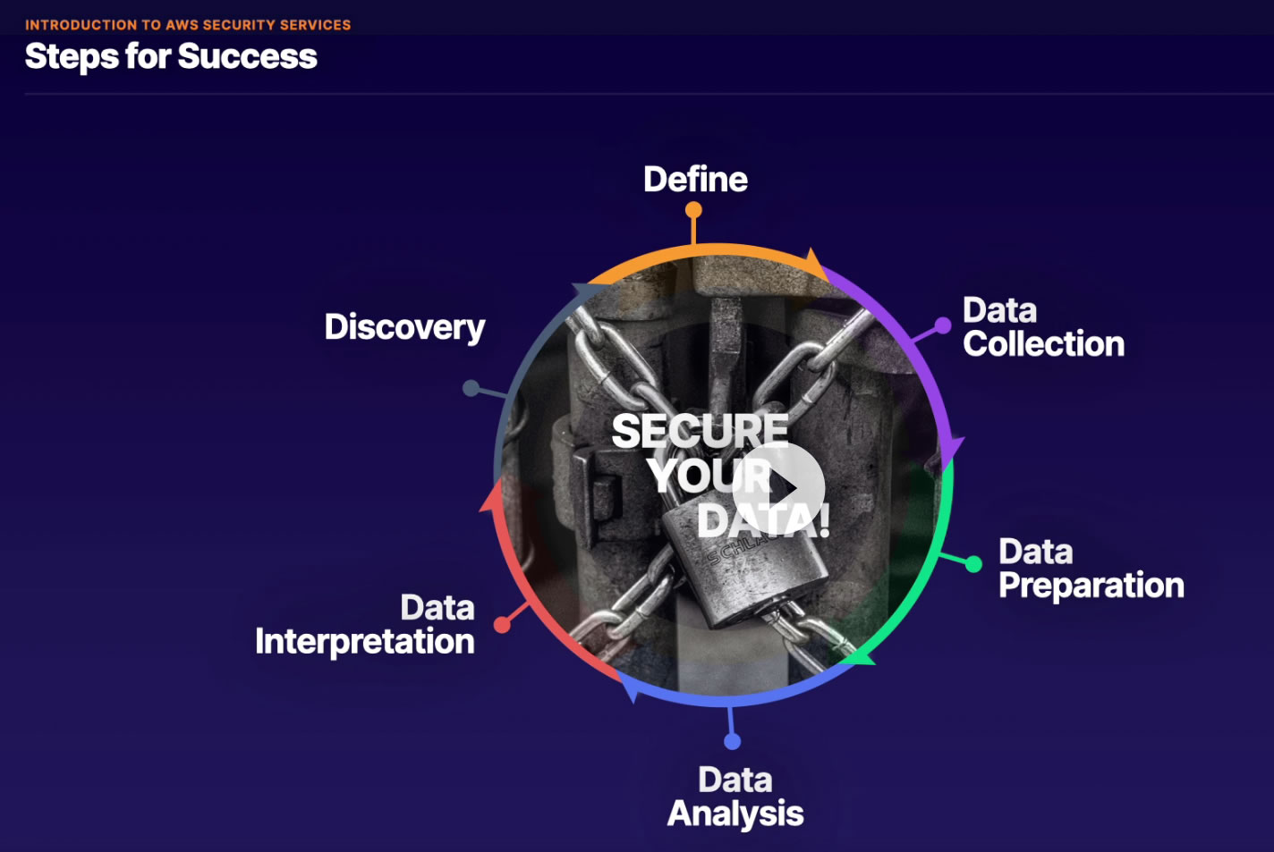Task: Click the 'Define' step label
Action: pos(695,180)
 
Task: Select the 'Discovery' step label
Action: pos(404,327)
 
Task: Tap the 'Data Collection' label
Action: pos(1043,327)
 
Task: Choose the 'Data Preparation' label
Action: pos(1091,569)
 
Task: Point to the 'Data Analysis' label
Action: pos(735,797)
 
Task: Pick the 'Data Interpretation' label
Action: pos(365,625)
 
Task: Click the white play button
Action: pos(778,488)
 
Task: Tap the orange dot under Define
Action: pos(693,211)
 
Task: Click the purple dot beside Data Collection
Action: pos(942,325)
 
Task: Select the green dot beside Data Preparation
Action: pos(973,564)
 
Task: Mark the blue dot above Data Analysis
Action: pos(732,741)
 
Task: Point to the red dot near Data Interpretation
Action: pos(502,625)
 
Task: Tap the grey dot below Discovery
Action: pos(471,388)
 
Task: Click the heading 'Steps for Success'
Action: pos(171,56)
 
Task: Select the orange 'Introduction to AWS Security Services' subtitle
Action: pos(188,25)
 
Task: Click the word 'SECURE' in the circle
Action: pos(700,431)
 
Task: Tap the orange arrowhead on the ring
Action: pos(814,264)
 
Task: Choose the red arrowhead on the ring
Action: pos(490,497)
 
